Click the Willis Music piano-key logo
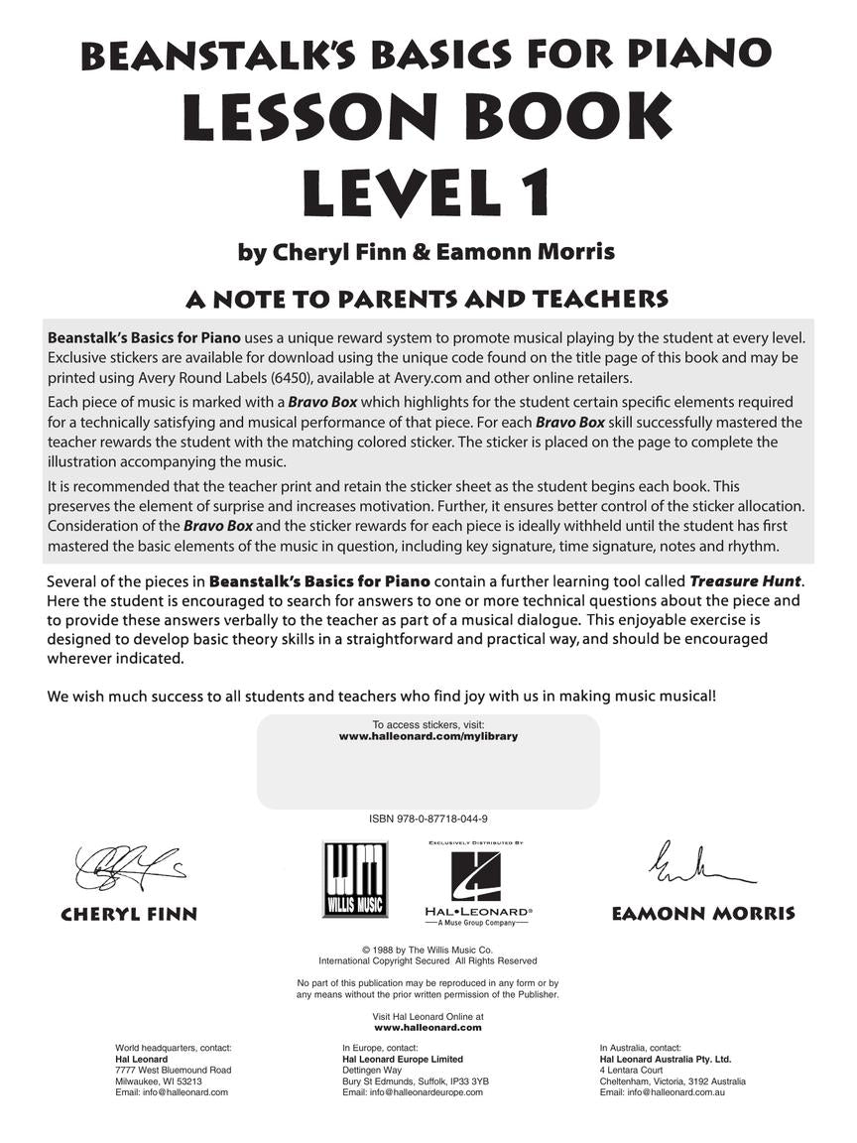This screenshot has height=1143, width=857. coord(354,879)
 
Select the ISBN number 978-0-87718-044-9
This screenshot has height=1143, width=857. coord(428,820)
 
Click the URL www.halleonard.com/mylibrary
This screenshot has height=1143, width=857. coord(428,737)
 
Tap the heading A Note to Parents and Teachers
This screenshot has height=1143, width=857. coord(428,299)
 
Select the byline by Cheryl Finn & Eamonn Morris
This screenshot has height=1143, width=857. coord(428,252)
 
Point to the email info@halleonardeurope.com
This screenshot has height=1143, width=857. coord(413,1091)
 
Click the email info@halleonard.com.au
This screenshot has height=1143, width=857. coord(670,1091)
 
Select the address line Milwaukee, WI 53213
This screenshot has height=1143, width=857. coord(159,1080)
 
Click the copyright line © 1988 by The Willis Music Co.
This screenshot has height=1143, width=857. coord(428,950)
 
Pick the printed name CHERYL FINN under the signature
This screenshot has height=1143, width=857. coord(129,915)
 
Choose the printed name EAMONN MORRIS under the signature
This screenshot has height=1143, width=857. coord(703,913)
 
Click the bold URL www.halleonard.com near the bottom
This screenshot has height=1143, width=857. coord(428,1028)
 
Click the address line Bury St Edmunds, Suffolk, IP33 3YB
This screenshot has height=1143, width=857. coord(416,1080)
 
